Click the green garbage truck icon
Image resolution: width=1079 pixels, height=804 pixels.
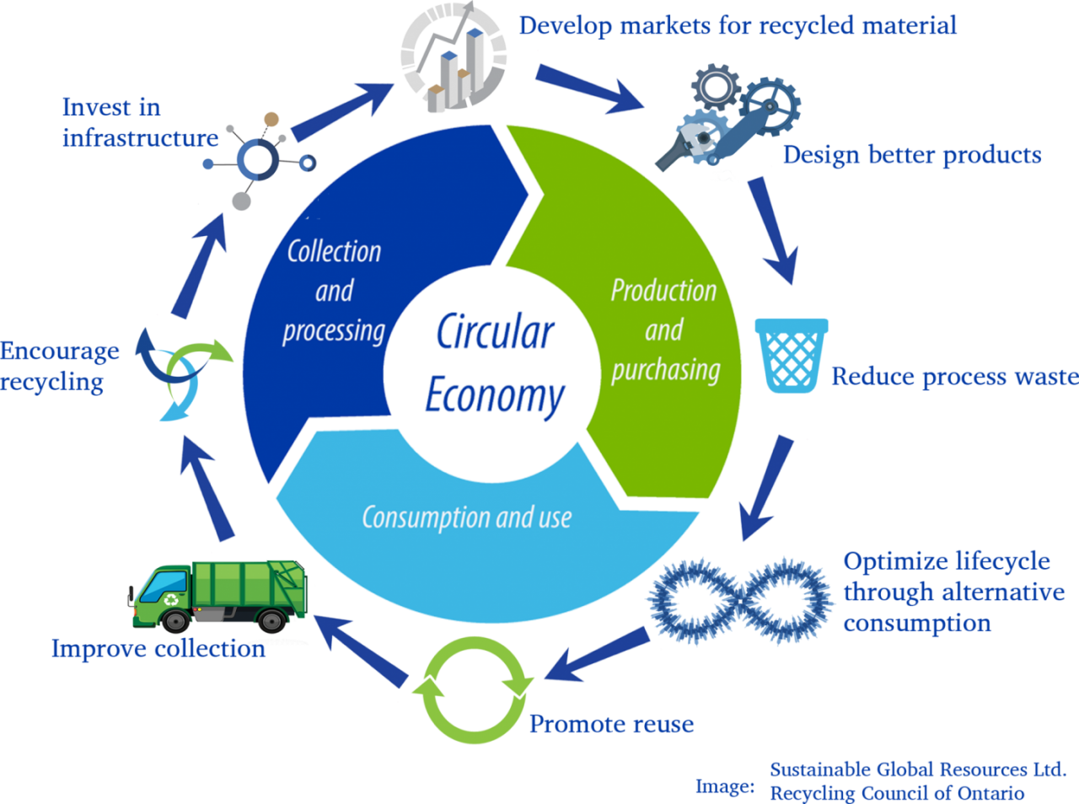[218, 596]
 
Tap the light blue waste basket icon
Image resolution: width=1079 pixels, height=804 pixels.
[792, 356]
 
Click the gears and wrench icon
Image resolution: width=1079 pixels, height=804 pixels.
[728, 118]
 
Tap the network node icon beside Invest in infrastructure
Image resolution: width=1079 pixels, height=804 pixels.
[258, 160]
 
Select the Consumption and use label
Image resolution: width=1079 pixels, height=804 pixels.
[467, 517]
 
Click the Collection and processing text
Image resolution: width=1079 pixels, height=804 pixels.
[335, 292]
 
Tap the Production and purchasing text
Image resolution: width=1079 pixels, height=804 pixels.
[665, 330]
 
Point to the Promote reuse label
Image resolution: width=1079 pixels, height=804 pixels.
[611, 724]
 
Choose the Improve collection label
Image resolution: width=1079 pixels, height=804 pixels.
[158, 649]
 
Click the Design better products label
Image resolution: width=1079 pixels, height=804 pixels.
[912, 155]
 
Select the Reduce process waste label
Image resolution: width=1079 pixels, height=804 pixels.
[954, 378]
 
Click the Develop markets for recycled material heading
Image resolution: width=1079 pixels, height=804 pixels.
[738, 25]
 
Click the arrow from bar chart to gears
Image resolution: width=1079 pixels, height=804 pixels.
[590, 88]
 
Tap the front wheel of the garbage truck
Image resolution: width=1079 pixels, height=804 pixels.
[175, 620]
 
